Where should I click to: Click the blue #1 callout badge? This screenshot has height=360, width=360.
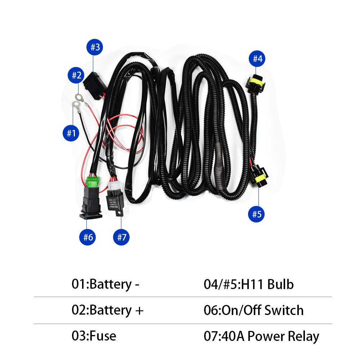click(x=71, y=133)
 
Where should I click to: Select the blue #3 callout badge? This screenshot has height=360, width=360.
click(x=95, y=47)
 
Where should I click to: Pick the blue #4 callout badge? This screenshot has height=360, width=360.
click(x=257, y=58)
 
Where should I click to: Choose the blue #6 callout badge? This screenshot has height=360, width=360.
click(x=88, y=237)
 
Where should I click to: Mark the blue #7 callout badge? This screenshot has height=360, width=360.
click(x=122, y=237)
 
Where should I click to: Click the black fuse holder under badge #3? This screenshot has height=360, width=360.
click(x=94, y=85)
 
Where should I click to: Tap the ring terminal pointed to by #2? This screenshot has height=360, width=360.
click(x=78, y=97)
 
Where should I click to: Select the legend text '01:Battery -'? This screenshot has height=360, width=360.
click(x=105, y=284)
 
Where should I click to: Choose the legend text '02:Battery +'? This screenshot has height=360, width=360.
click(x=107, y=310)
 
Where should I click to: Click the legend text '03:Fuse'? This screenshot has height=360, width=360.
click(x=94, y=336)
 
